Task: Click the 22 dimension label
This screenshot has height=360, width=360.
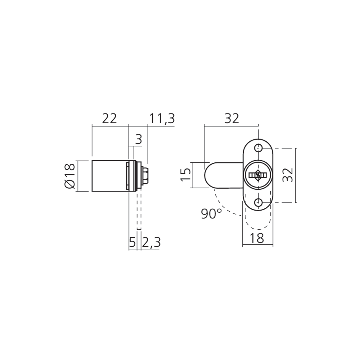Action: point(109,118)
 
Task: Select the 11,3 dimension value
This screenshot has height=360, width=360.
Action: point(162,119)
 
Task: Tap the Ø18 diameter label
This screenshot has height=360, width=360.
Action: point(70,176)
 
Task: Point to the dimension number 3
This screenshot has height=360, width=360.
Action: point(139,139)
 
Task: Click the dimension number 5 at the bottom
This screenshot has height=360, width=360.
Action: point(132,242)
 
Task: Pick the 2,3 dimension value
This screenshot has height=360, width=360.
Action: point(151,243)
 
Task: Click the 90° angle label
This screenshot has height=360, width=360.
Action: point(211,214)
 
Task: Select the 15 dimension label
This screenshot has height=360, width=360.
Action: point(186,175)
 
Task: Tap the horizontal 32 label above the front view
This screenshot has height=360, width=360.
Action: point(231,118)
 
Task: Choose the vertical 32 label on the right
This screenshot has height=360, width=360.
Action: point(288,175)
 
